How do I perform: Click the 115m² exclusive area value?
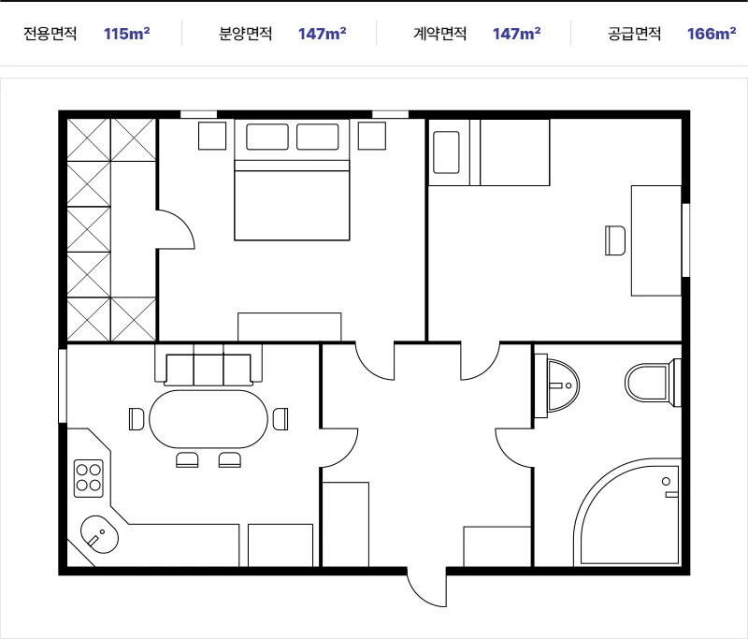(127, 34)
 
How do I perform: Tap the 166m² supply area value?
(712, 34)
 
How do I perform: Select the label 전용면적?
(50, 34)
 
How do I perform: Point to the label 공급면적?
(634, 34)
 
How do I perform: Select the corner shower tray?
(627, 513)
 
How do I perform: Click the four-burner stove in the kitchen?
(89, 478)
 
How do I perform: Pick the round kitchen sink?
(99, 534)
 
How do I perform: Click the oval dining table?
(209, 419)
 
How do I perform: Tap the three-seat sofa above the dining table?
(209, 365)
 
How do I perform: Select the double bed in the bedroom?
(292, 180)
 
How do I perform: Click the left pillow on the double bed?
(267, 137)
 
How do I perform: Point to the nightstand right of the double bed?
(372, 136)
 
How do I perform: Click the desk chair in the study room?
(615, 240)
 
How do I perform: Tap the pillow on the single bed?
(446, 152)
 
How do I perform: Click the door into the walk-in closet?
(176, 229)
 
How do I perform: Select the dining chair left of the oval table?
(137, 419)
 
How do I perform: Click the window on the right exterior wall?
(685, 240)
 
